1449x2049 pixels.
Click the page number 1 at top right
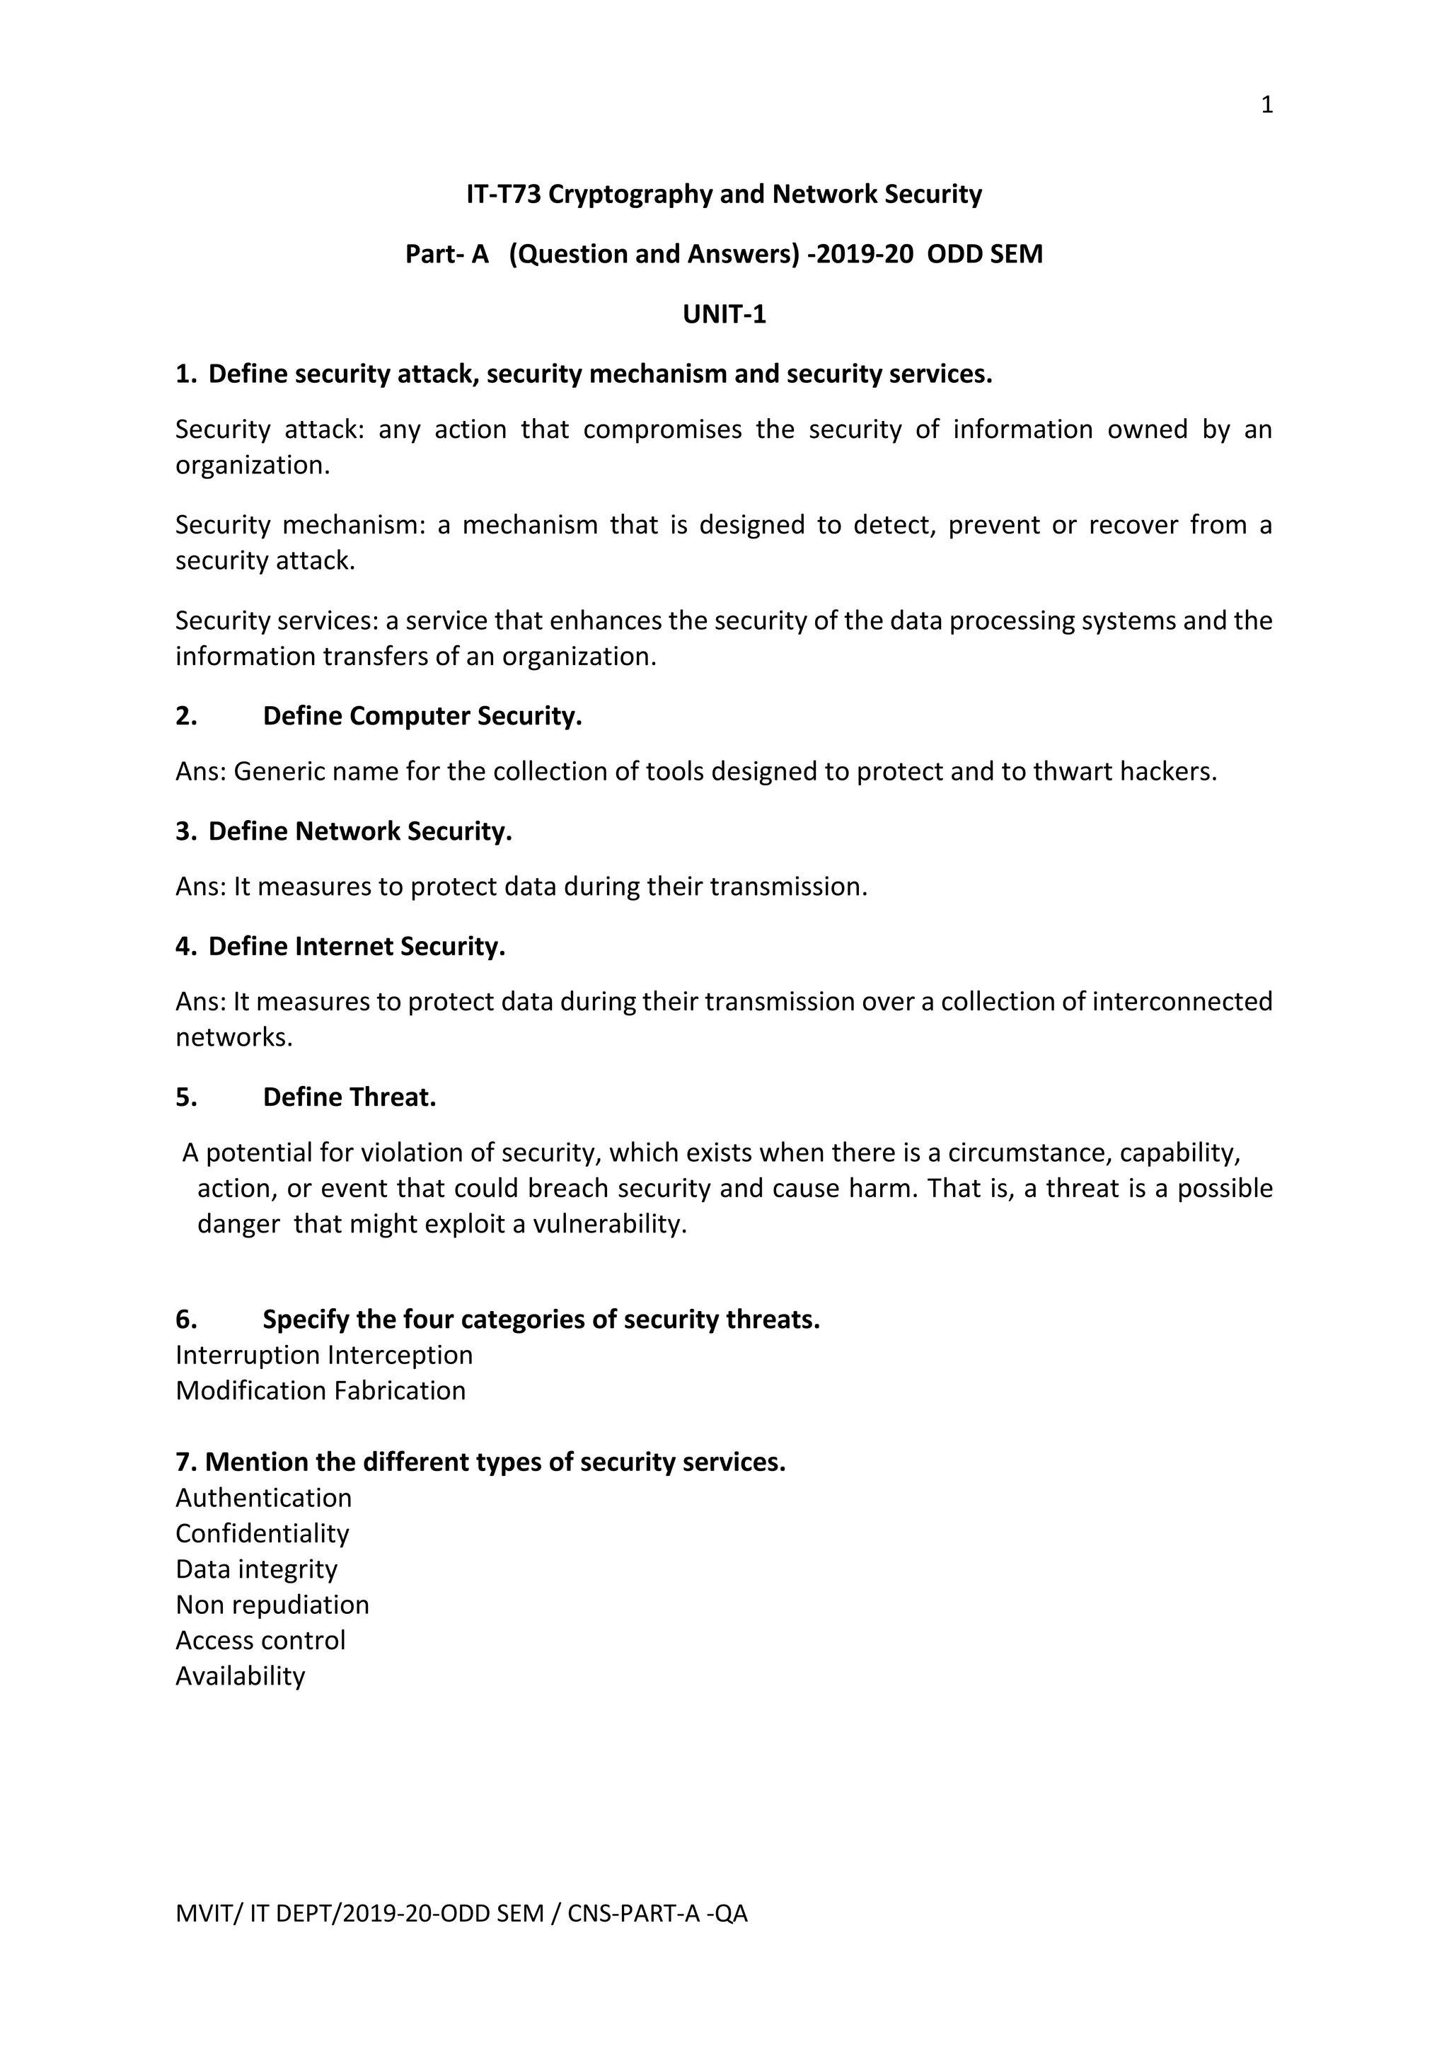click(x=1266, y=105)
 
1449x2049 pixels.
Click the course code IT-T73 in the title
click(x=503, y=195)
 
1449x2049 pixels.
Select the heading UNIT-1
click(x=724, y=314)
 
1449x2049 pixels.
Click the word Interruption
click(x=248, y=1355)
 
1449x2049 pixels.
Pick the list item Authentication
click(x=263, y=1498)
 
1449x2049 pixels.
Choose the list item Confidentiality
click(x=262, y=1533)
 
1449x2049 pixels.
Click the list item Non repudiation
click(x=272, y=1605)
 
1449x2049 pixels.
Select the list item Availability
click(x=240, y=1676)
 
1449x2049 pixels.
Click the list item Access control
click(x=260, y=1640)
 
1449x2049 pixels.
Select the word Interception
click(x=400, y=1355)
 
